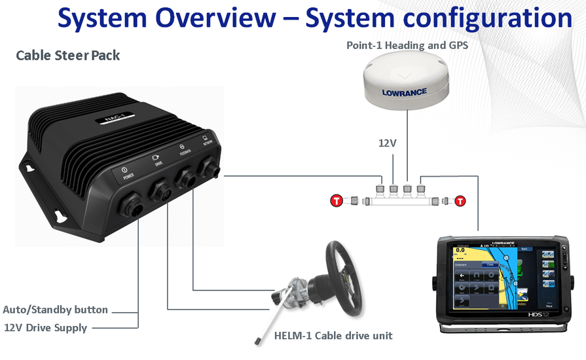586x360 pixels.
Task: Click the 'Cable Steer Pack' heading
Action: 67,55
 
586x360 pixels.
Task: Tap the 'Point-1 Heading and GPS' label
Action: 407,45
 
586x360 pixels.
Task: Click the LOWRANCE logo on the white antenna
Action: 405,92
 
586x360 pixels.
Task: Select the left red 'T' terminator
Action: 337,200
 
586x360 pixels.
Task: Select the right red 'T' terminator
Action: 460,200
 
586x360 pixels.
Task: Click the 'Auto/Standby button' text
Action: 55,310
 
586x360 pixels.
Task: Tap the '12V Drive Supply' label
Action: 46,327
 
